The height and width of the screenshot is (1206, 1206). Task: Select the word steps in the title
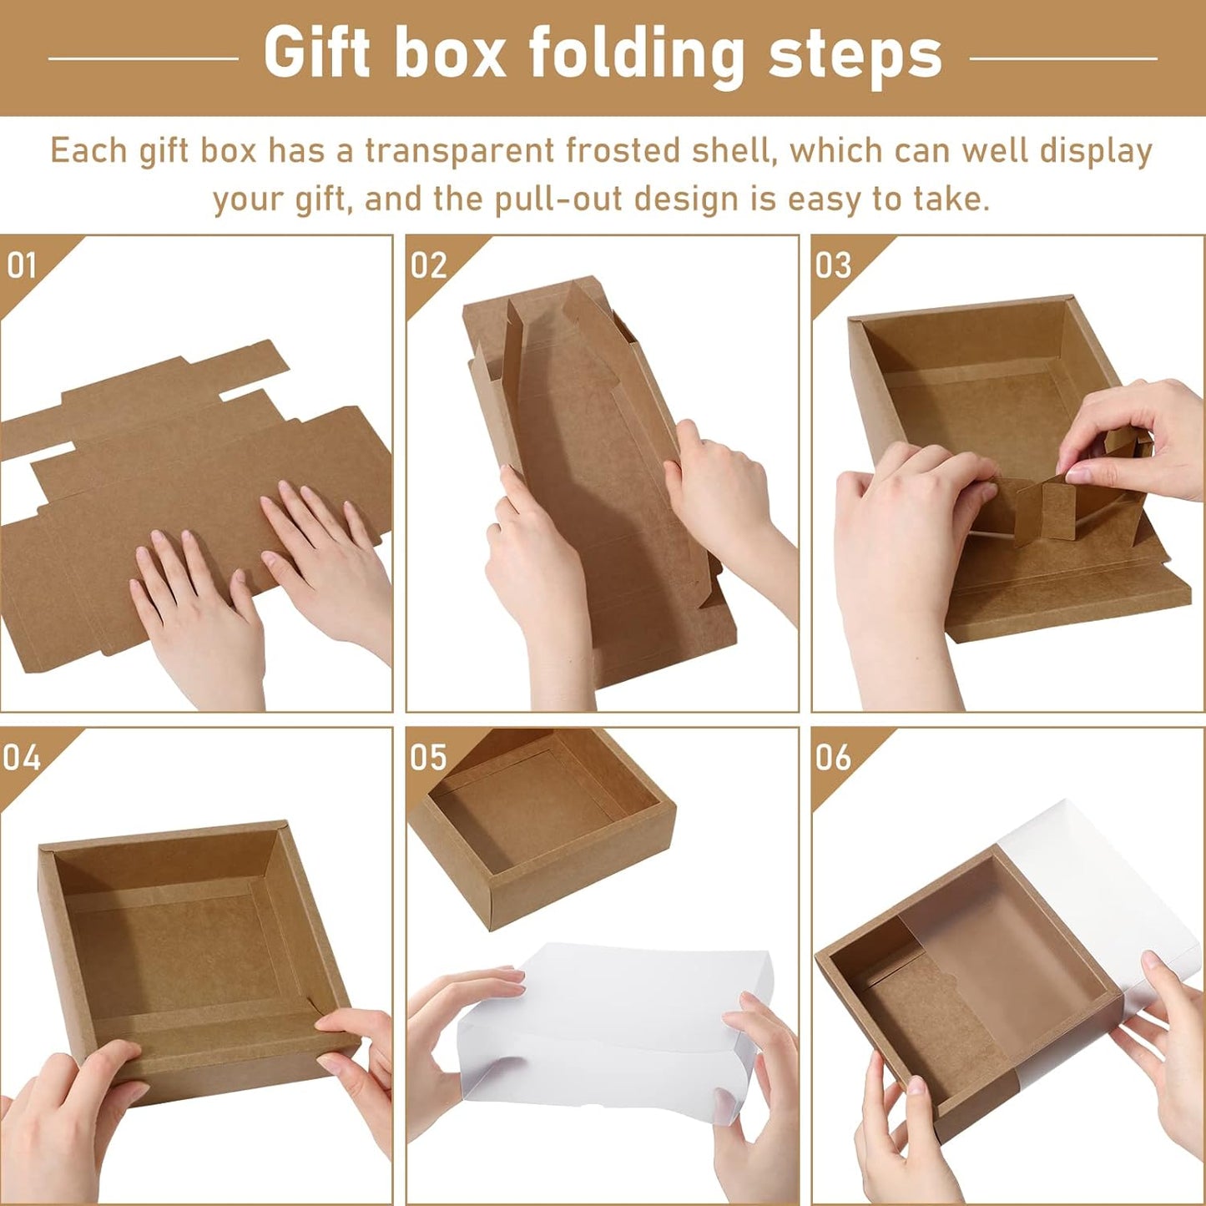[855, 56]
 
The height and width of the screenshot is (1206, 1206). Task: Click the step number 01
[22, 265]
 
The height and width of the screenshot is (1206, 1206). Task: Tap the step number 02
[428, 265]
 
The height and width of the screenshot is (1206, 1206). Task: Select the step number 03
[833, 265]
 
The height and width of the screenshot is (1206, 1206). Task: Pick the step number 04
[22, 758]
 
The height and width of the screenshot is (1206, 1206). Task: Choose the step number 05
[428, 758]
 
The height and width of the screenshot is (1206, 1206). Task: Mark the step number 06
[833, 758]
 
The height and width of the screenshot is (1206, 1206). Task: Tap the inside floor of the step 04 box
[179, 943]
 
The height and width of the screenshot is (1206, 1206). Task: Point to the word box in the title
[450, 54]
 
